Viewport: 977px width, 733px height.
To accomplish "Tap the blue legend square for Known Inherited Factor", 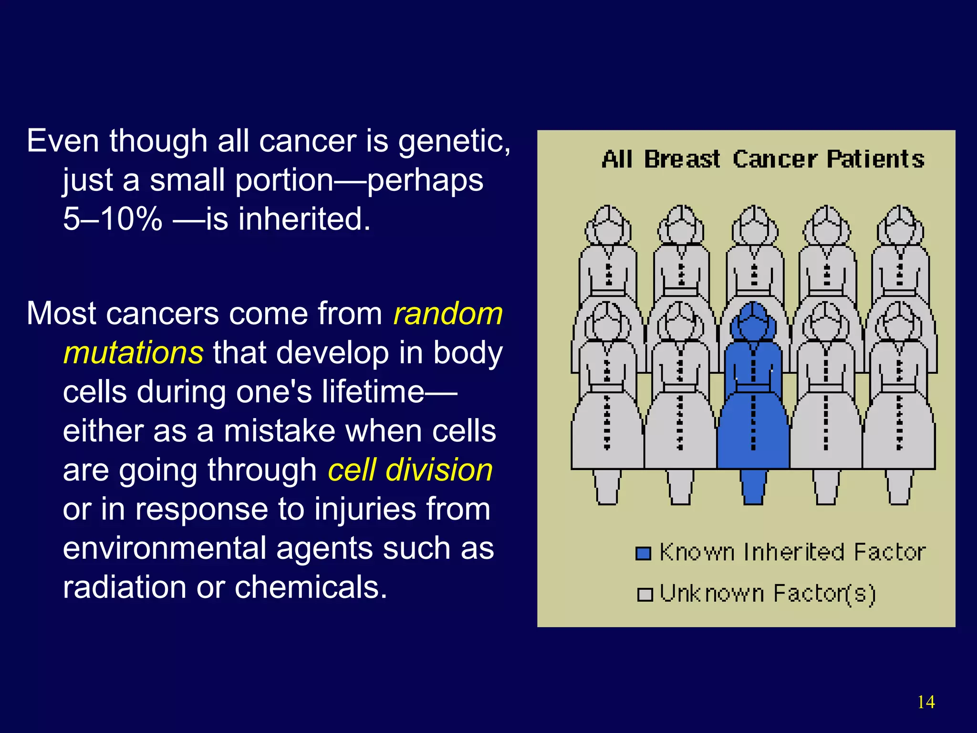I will [x=644, y=554].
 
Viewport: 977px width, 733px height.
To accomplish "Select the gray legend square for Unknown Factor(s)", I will [x=644, y=595].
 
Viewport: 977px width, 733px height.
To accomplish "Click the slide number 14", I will [x=925, y=702].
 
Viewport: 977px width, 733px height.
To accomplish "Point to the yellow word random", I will [x=448, y=314].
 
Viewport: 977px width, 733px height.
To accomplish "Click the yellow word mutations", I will [x=134, y=353].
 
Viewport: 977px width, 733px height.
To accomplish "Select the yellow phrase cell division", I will [x=410, y=470].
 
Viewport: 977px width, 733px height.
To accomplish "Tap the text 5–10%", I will [x=113, y=219].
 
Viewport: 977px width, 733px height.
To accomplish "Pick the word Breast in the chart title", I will [x=682, y=159].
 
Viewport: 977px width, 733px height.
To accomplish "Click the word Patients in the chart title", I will [x=875, y=159].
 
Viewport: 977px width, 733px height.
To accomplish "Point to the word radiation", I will [x=125, y=587].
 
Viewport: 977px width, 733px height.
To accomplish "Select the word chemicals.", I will [x=311, y=587].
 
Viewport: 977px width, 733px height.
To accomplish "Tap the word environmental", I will [x=165, y=548].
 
